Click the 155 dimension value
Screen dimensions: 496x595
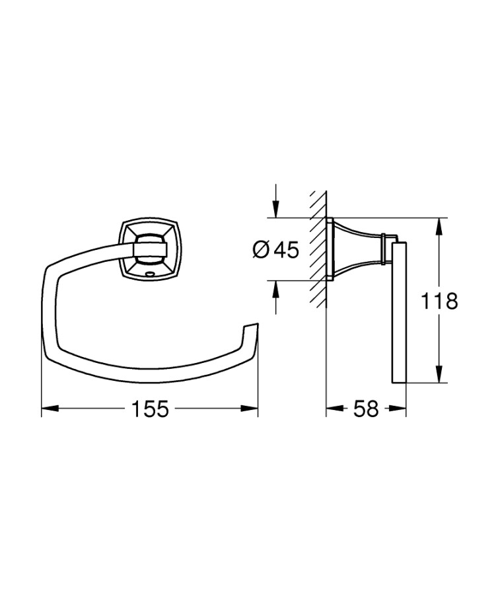(x=149, y=409)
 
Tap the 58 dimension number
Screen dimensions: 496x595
(x=366, y=409)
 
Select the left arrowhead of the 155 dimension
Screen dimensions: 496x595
(x=50, y=409)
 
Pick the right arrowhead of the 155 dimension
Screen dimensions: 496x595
(x=249, y=409)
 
